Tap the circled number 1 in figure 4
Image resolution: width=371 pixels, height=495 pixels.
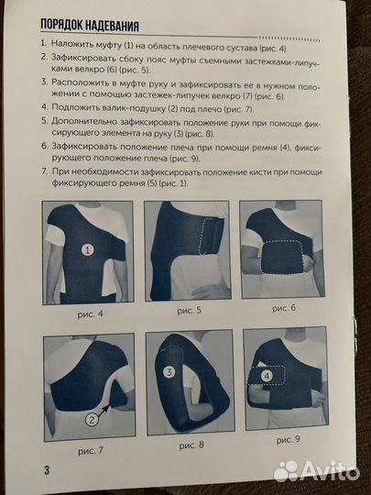88,249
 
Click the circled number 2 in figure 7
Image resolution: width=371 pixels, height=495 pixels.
92,421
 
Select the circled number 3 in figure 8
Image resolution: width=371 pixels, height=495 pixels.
169,372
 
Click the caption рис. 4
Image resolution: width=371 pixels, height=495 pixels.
90,313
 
